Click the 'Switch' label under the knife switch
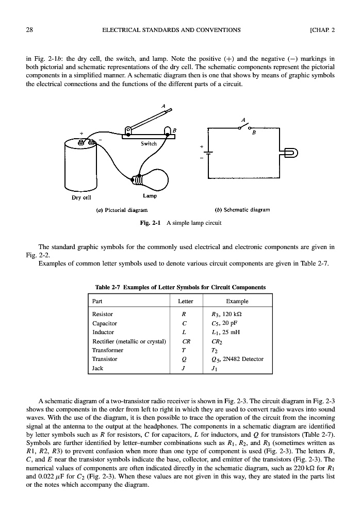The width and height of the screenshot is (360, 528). [x=148, y=143]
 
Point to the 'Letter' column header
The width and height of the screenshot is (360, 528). [x=185, y=301]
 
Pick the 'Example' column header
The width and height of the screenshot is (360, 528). [x=237, y=301]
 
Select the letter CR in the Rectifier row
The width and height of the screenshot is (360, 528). [x=185, y=341]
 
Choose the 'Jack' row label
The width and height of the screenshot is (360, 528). [x=97, y=368]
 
